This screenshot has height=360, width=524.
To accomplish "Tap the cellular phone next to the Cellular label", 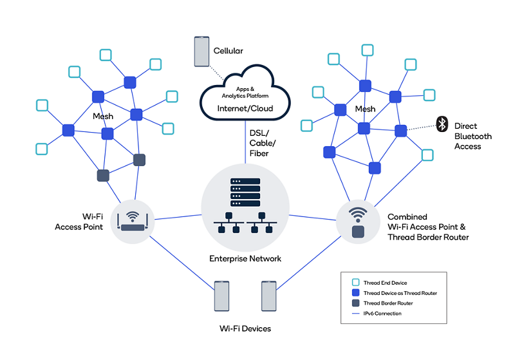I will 202,52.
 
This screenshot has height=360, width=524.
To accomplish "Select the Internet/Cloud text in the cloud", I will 245,108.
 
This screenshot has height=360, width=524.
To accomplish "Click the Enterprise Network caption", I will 245,259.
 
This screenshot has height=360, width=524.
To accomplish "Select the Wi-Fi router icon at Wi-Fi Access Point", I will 134,221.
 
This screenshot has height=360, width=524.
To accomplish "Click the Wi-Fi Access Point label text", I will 79,222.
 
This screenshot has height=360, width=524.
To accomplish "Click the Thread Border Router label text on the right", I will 428,237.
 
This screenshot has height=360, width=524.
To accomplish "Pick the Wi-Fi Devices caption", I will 245,328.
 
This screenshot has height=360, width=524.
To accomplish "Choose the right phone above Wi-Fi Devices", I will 269,296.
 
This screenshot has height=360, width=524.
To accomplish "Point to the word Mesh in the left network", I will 103,117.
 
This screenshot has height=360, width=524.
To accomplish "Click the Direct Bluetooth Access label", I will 473,136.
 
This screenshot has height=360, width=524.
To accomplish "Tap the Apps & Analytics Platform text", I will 245,91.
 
